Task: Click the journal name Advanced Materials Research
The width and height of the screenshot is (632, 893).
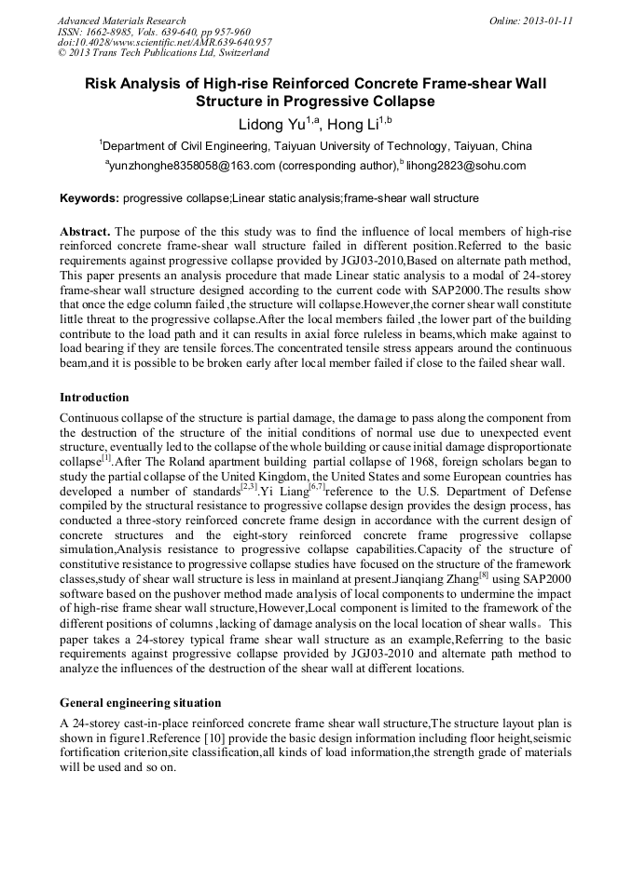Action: tap(121, 20)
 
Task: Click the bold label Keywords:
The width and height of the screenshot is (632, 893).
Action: tap(89, 198)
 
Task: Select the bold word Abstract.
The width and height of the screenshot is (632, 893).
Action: tap(85, 231)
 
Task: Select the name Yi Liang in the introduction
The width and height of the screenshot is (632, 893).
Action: tap(285, 489)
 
